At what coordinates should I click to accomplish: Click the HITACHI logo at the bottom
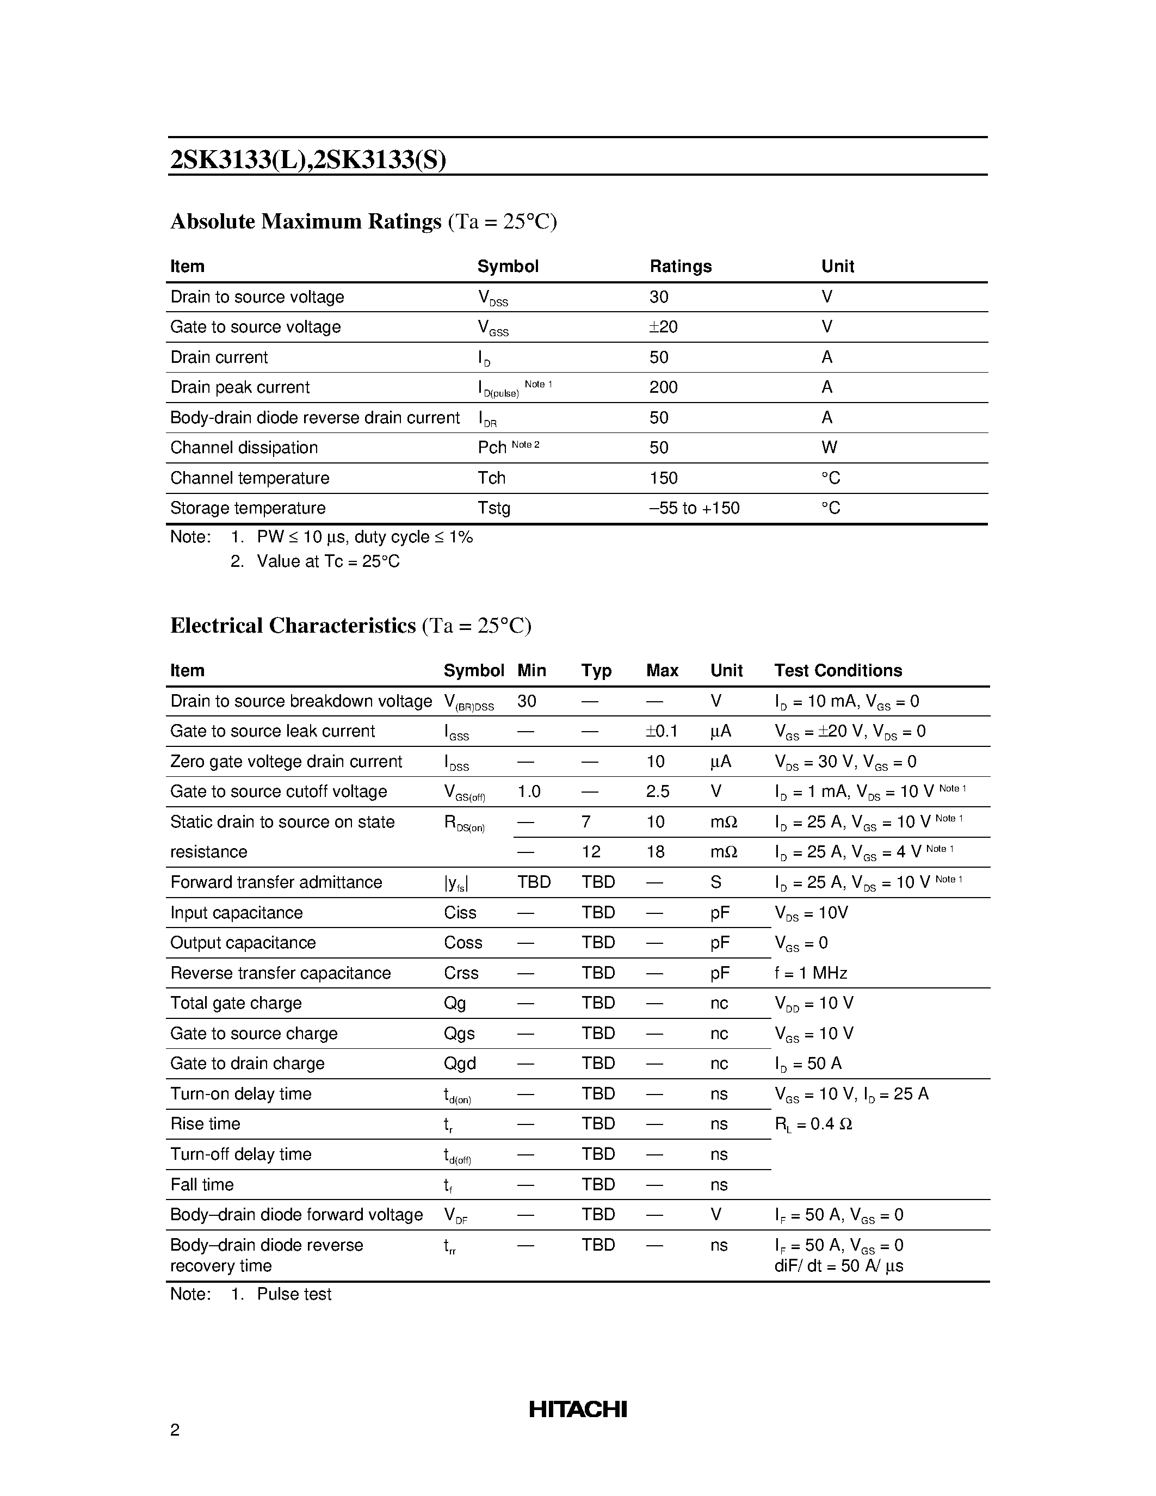(577, 1409)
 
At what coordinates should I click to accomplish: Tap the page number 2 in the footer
(175, 1430)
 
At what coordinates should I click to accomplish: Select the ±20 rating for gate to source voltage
(663, 327)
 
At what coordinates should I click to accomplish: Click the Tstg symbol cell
(494, 508)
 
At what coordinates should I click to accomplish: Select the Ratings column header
(680, 266)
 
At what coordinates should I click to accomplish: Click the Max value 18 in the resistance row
(656, 851)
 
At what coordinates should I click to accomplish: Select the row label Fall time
(202, 1184)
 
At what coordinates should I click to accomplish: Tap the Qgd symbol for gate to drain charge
(460, 1063)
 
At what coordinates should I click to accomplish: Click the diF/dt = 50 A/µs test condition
(838, 1265)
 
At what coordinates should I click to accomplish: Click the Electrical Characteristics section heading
(293, 626)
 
